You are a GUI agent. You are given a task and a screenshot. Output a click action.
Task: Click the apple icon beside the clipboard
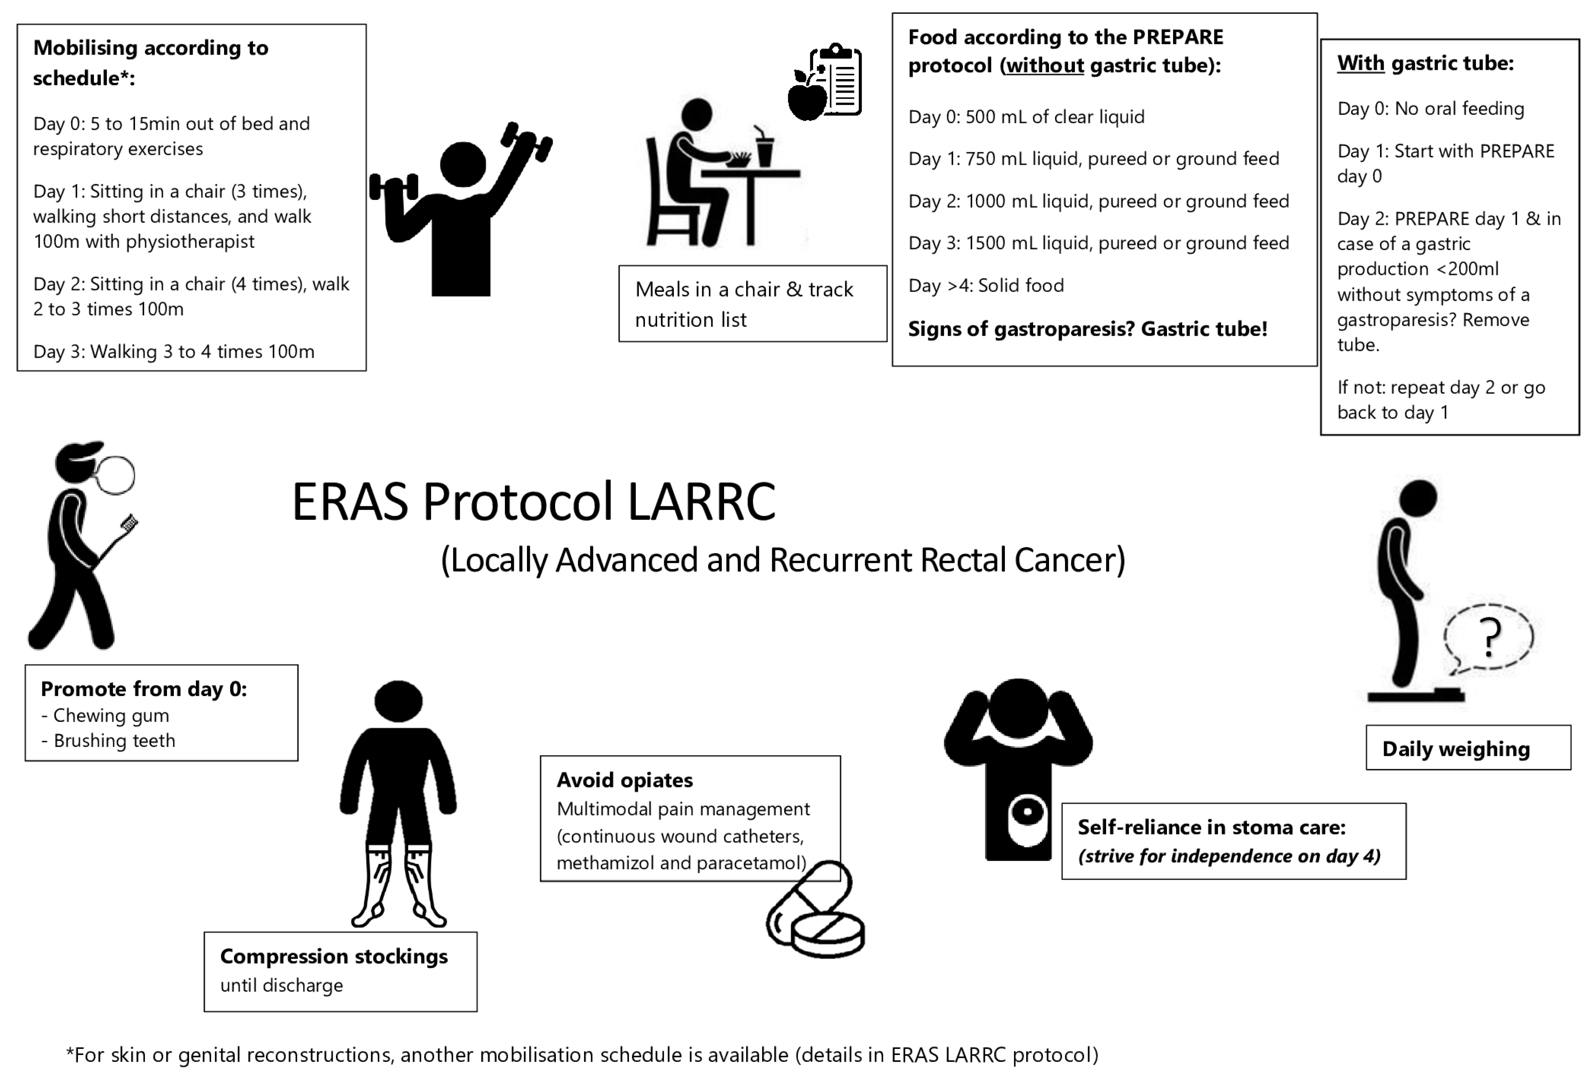807,98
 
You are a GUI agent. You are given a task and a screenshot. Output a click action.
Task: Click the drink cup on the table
764,149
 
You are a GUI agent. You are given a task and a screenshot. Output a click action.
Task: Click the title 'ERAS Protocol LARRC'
533,502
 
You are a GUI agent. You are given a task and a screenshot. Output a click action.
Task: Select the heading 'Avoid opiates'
624,780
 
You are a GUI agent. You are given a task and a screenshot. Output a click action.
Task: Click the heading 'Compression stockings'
333,956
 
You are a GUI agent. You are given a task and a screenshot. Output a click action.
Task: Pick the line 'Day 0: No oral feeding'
1430,109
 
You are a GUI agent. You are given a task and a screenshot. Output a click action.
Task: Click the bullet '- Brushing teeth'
109,740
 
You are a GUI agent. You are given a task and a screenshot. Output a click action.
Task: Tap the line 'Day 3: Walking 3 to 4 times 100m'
173,352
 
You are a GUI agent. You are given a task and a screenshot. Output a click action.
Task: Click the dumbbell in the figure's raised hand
527,141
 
